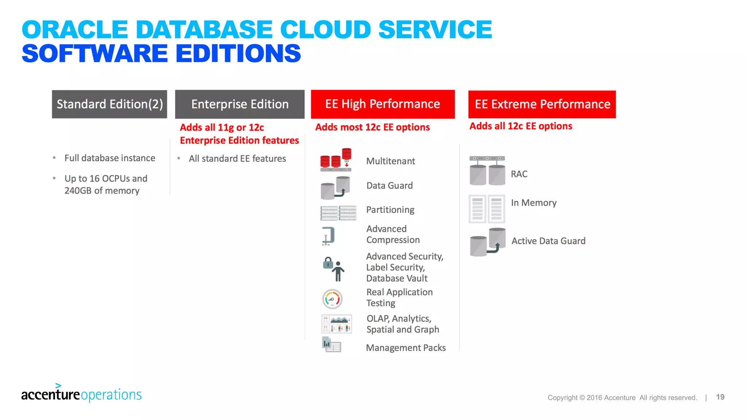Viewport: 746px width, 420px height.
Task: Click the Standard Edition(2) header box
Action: pyautogui.click(x=109, y=104)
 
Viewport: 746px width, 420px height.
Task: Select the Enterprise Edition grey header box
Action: pyautogui.click(x=240, y=104)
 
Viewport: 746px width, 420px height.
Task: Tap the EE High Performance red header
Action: pyautogui.click(x=382, y=104)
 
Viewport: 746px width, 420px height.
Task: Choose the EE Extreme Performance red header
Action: pyautogui.click(x=542, y=104)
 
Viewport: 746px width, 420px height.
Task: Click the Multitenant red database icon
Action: pyautogui.click(x=336, y=160)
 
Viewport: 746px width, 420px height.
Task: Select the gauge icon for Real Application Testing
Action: pyautogui.click(x=332, y=299)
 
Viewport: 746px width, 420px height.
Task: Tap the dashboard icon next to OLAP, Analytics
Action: pyautogui.click(x=337, y=324)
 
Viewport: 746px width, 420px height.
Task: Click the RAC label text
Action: pyautogui.click(x=519, y=174)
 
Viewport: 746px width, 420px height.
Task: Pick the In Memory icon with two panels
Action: pyautogui.click(x=487, y=209)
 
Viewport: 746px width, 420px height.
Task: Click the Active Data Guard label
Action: pyautogui.click(x=548, y=241)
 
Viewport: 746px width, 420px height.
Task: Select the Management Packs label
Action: pyautogui.click(x=406, y=348)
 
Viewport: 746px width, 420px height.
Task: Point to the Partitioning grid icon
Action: pyautogui.click(x=338, y=213)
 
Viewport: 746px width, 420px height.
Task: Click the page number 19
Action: pyautogui.click(x=720, y=397)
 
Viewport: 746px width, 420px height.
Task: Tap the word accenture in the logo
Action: pyautogui.click(x=50, y=395)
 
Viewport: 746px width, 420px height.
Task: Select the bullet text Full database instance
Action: pyautogui.click(x=110, y=158)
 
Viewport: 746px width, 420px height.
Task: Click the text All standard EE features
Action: pyautogui.click(x=237, y=159)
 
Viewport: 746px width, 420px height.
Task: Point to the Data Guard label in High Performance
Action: pyautogui.click(x=389, y=186)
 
